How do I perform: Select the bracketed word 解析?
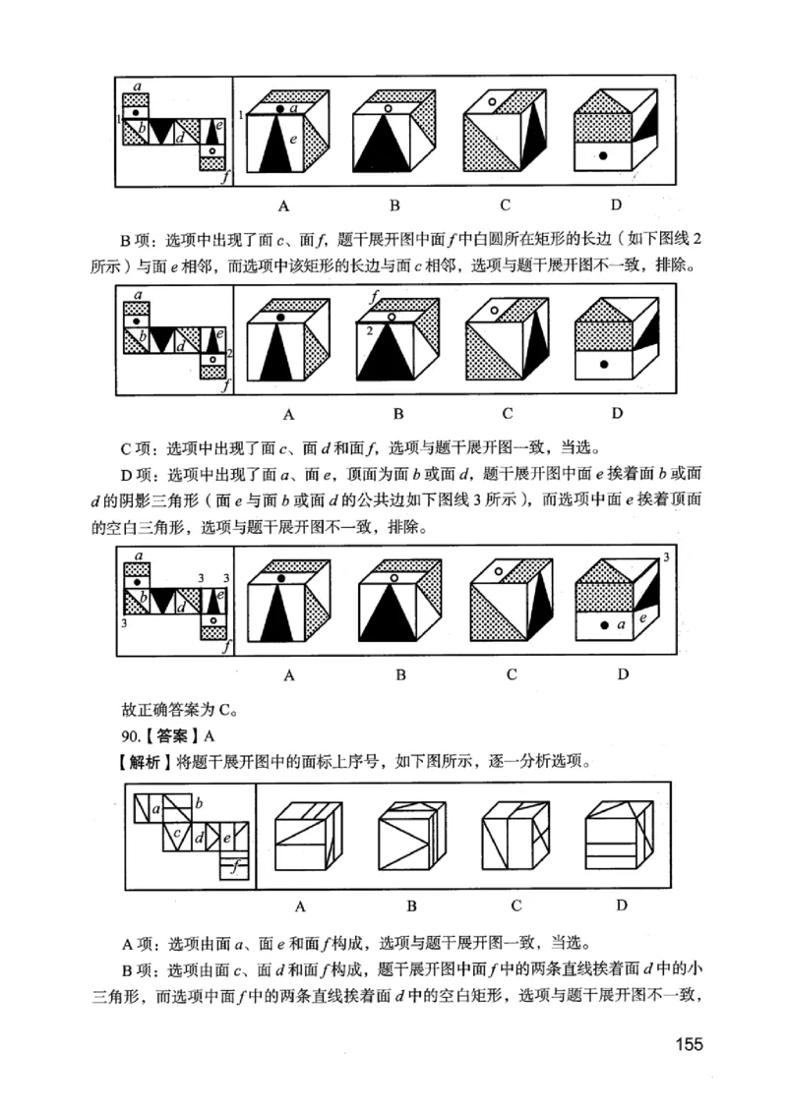pos(144,760)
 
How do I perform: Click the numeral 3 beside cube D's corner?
pos(666,558)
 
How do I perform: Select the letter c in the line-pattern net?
pos(174,835)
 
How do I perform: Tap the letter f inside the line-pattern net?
pos(234,866)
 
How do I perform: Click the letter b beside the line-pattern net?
pos(200,802)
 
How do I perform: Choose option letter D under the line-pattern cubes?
pos(622,905)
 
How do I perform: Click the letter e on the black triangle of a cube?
pos(292,141)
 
